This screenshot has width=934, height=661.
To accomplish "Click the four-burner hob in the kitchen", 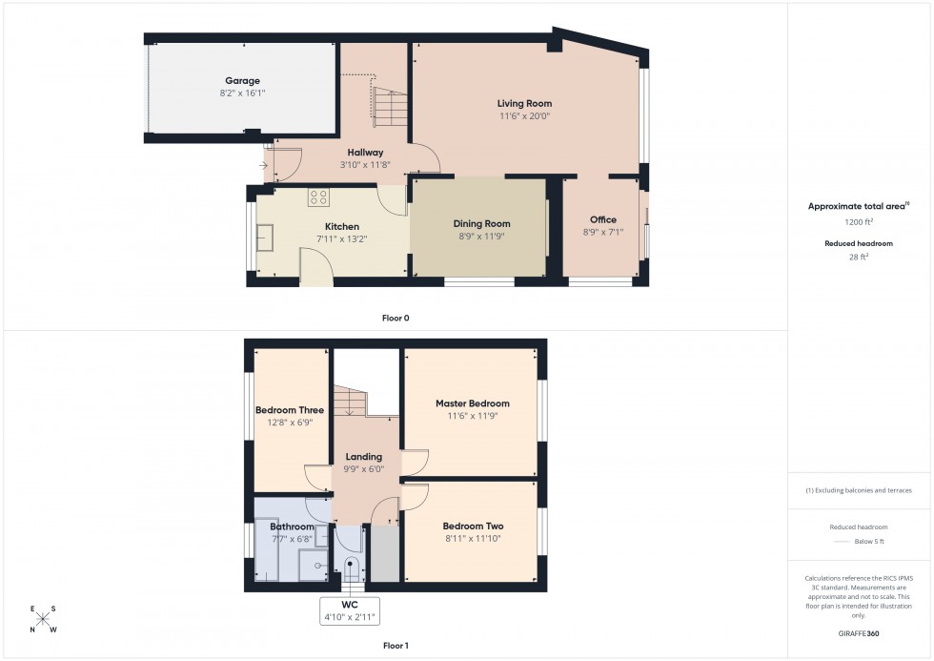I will pyautogui.click(x=318, y=198).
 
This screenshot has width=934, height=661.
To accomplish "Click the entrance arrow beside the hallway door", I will pyautogui.click(x=263, y=166).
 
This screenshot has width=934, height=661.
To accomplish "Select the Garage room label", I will pyautogui.click(x=242, y=81).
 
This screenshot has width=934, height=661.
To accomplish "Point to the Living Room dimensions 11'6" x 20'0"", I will pyautogui.click(x=524, y=116).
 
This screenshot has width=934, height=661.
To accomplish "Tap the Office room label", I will pyautogui.click(x=602, y=220).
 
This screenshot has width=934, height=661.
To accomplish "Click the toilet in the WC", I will pyautogui.click(x=351, y=569).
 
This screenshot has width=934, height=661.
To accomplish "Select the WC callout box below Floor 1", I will pyautogui.click(x=351, y=611).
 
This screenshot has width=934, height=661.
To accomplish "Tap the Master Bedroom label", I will pyautogui.click(x=472, y=403).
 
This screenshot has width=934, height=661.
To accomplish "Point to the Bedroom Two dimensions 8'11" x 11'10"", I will pyautogui.click(x=473, y=539).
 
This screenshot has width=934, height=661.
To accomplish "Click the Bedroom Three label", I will pyautogui.click(x=290, y=410).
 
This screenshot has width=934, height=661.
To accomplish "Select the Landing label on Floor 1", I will pyautogui.click(x=363, y=457).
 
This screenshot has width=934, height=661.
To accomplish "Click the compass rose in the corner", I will pyautogui.click(x=43, y=619).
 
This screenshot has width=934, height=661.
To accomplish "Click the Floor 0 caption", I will pyautogui.click(x=395, y=318).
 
